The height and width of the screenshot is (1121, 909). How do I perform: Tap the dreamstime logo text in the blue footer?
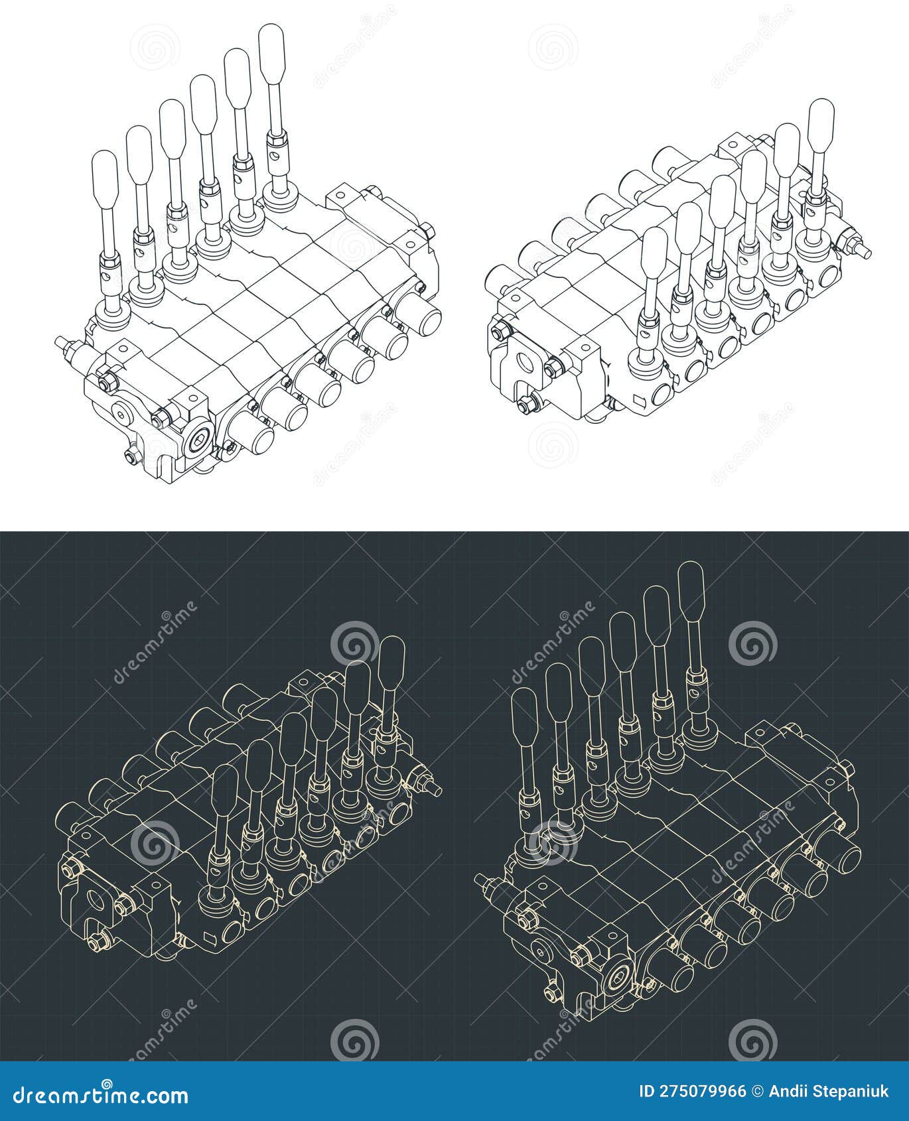pos(101,1092)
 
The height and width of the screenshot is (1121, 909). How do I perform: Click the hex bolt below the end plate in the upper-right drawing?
pos(526,403)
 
